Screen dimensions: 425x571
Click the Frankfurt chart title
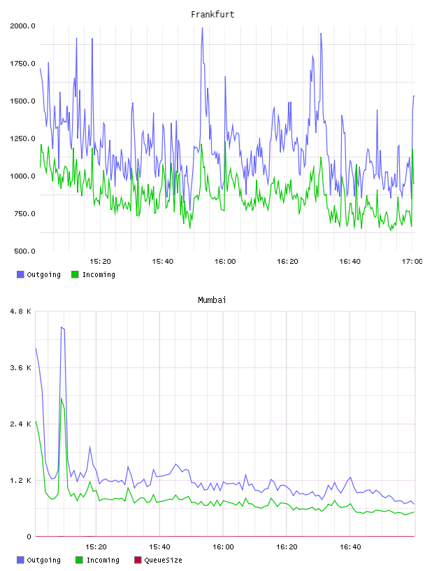212,15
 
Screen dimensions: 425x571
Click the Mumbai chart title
212,300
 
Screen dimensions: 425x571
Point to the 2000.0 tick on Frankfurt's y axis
22,26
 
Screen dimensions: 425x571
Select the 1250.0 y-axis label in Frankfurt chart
22,139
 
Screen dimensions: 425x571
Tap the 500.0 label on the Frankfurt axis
24,251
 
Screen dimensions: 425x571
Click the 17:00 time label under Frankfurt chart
412,262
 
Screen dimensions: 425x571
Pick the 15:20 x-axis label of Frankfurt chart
100,262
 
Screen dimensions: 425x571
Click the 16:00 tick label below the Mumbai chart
223,547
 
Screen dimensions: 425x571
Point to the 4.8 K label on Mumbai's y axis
21,311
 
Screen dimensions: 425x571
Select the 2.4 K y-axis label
21,424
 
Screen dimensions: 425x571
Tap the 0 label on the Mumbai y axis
29,537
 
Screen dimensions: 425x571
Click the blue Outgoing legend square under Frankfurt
20,274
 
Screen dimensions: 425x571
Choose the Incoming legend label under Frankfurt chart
99,274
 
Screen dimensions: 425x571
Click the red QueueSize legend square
138,560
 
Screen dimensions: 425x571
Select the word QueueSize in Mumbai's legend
163,560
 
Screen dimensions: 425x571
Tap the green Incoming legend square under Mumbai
79,560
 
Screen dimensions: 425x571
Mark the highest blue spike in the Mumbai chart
62,327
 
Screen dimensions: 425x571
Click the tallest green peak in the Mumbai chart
62,397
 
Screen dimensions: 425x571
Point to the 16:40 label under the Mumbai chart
350,547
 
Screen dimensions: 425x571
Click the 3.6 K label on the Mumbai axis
21,368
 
